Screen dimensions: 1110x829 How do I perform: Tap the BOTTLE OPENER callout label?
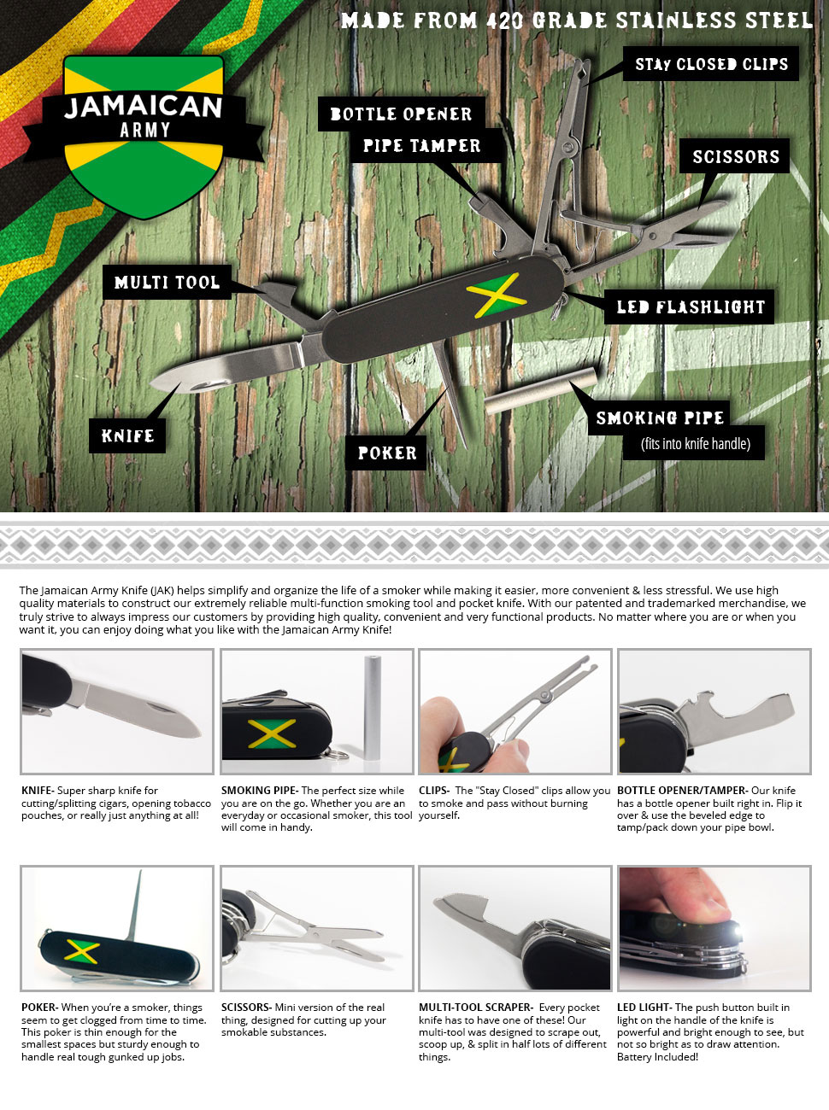(401, 114)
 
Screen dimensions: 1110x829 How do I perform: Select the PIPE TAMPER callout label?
(421, 146)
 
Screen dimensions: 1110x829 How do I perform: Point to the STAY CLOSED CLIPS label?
(711, 64)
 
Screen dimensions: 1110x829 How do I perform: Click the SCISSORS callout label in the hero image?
(735, 156)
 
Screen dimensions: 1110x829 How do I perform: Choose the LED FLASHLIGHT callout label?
(691, 307)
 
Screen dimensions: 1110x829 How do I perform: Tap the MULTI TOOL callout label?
(167, 283)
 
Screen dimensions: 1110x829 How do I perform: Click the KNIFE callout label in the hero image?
(127, 436)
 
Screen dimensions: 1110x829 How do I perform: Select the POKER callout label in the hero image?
(386, 453)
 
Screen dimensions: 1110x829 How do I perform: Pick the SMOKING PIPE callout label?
(660, 418)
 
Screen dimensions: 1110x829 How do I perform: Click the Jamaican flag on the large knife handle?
(496, 295)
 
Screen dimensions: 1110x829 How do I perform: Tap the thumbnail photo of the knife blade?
(117, 711)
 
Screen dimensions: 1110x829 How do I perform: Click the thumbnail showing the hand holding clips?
(514, 711)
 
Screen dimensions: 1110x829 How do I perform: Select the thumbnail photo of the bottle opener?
(714, 711)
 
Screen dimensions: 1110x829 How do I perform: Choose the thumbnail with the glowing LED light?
(714, 928)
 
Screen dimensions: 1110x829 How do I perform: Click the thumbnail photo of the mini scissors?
(316, 928)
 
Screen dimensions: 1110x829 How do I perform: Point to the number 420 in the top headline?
(504, 20)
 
